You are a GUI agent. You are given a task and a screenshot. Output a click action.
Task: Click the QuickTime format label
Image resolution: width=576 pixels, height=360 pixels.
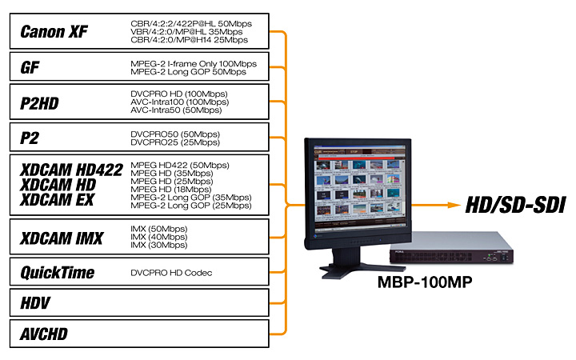[57, 273]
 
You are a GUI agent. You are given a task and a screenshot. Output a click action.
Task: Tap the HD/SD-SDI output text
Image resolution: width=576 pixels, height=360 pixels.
[509, 206]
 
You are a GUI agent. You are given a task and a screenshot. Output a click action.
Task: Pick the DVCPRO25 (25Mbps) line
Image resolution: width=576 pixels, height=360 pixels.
[174, 142]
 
